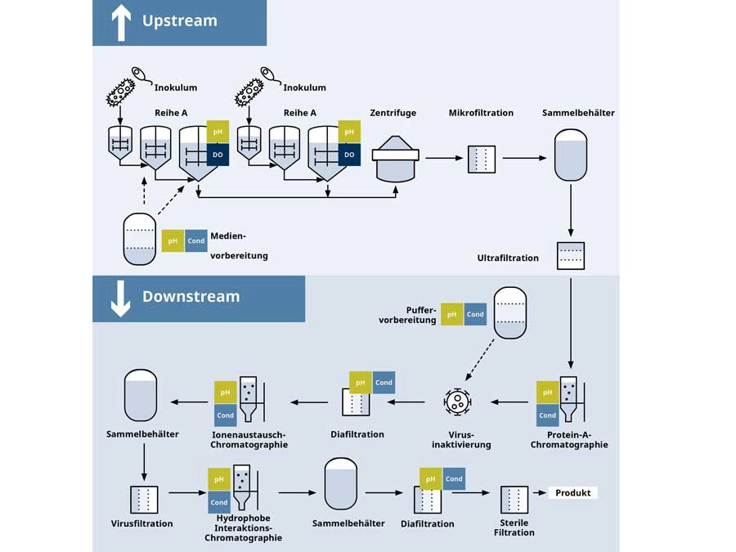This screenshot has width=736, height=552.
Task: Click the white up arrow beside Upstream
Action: coord(121,21)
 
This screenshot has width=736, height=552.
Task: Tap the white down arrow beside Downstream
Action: coord(121,298)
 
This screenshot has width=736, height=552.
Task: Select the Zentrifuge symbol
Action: coord(395,158)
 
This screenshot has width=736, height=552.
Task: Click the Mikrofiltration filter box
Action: coord(482,159)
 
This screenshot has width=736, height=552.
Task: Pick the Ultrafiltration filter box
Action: coord(570,256)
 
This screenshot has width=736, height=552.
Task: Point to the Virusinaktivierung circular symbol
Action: coord(457,402)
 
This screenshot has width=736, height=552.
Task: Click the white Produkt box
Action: coord(572,493)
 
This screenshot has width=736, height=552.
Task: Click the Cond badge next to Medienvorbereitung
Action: coord(196,240)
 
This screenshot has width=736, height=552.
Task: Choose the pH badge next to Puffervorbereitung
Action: coord(452,314)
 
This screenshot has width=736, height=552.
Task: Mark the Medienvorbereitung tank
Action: coord(139,239)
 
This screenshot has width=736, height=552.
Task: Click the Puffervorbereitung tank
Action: coord(510,312)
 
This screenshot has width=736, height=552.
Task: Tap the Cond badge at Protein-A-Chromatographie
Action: coord(548,415)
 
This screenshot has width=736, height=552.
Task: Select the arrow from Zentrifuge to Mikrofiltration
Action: coord(441,158)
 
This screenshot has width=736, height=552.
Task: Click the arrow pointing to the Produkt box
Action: coord(539,493)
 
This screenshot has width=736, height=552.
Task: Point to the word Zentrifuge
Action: coord(393,113)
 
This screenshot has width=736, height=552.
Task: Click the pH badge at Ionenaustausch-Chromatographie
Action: coord(226,393)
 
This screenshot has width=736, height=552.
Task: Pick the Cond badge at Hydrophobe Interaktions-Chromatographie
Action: coord(219,502)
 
